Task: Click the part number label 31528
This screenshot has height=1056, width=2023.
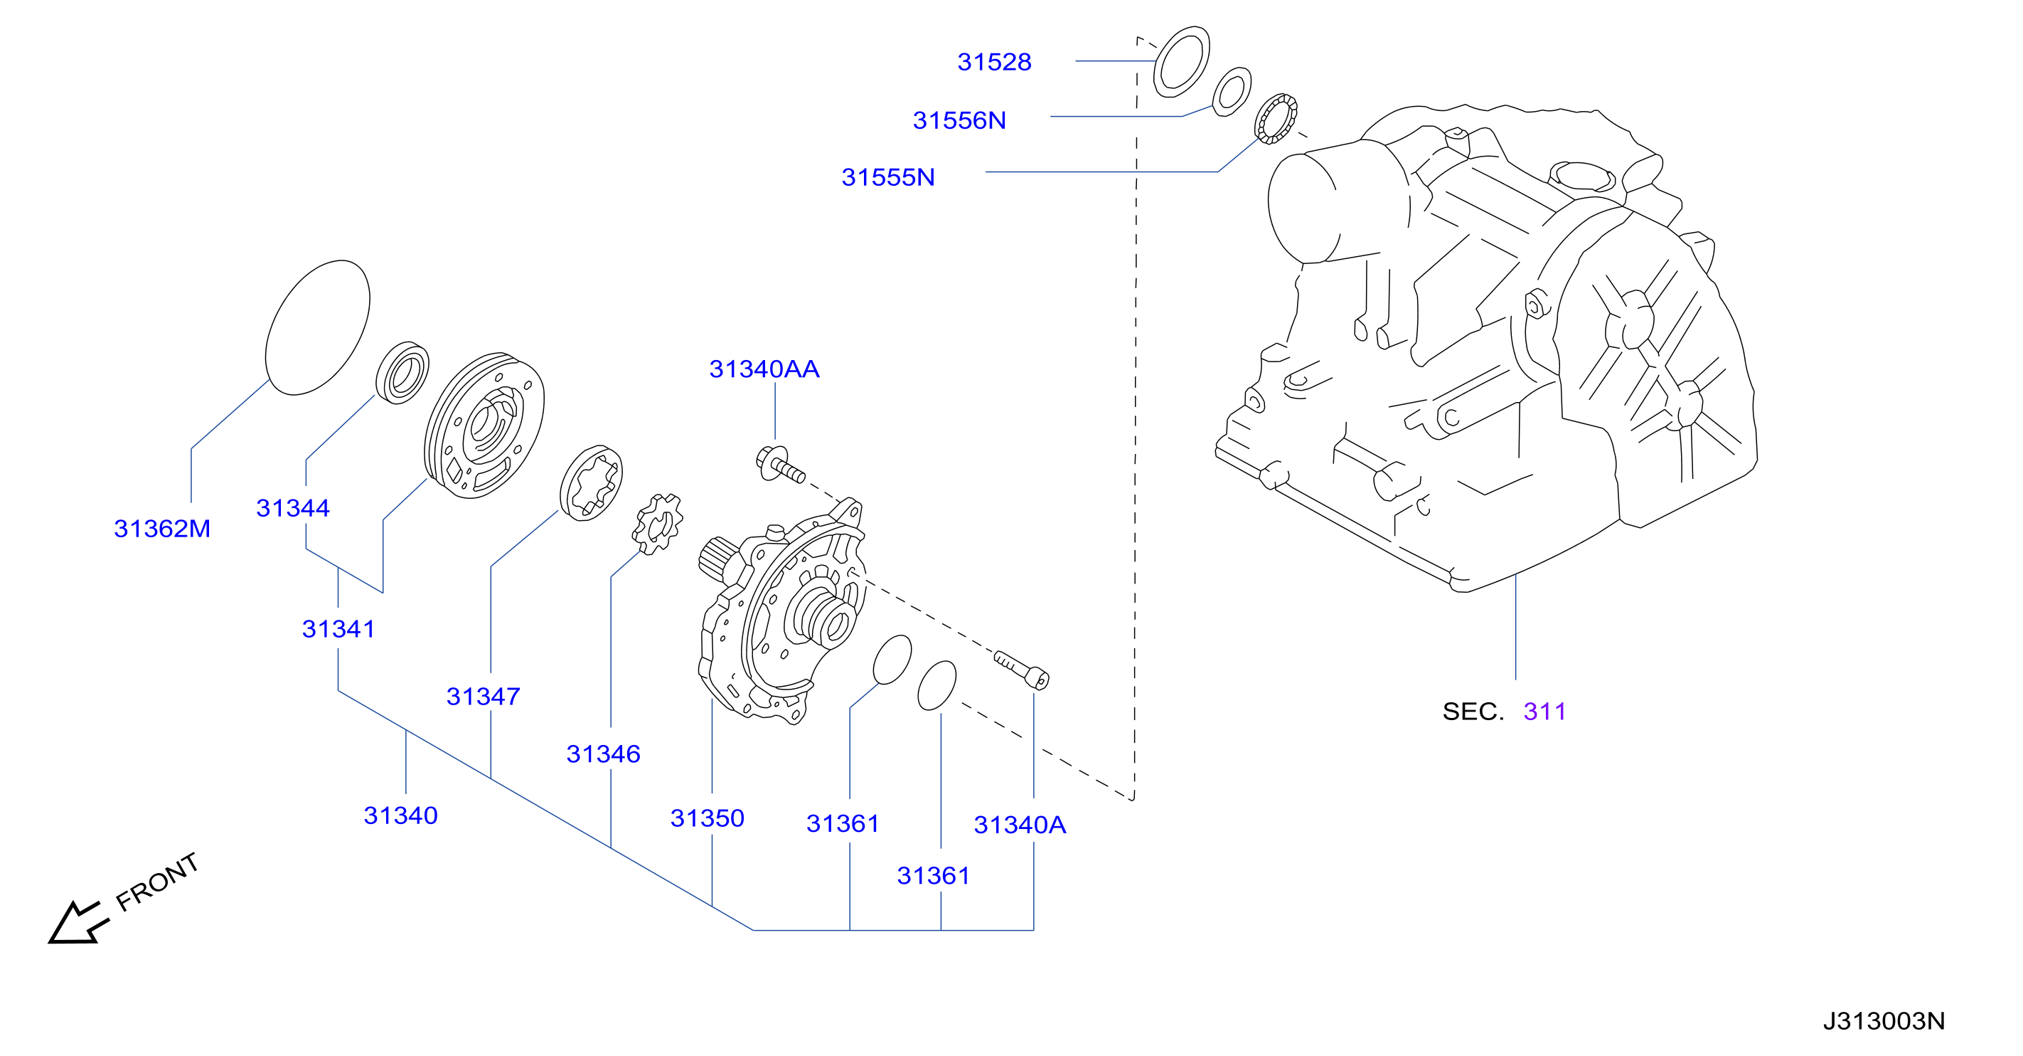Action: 994,62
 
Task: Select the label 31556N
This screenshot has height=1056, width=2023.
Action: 959,120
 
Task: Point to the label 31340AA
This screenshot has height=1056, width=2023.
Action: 764,369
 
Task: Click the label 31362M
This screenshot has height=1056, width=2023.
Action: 163,529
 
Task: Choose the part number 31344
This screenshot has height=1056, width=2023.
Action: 293,508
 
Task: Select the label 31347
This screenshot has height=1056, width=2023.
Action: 483,697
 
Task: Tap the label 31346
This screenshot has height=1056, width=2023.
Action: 603,754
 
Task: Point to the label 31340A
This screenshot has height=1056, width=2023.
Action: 1020,825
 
